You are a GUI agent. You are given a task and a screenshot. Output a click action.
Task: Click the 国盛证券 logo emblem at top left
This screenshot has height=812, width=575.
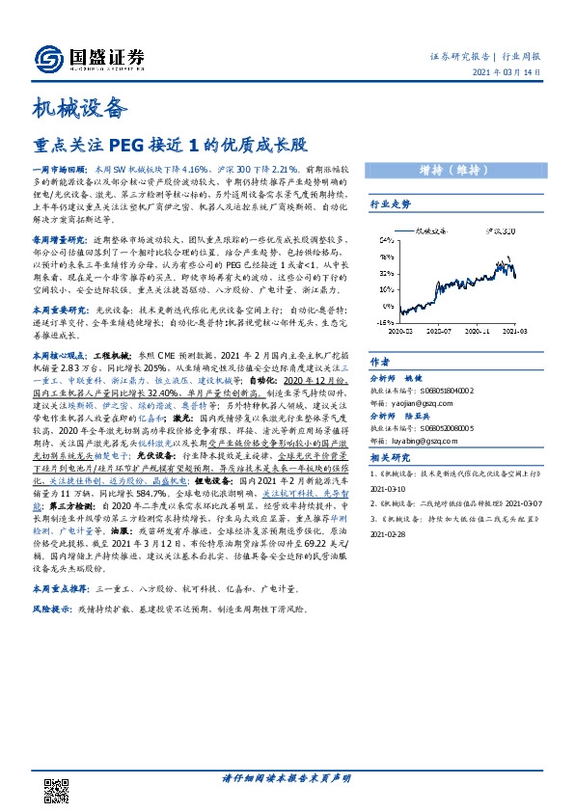click(x=48, y=58)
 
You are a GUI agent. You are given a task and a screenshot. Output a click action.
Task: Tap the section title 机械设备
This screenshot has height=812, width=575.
click(x=80, y=106)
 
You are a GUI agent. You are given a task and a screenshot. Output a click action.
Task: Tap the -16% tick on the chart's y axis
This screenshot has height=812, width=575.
click(x=383, y=323)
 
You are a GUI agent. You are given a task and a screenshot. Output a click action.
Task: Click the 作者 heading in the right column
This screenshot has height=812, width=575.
click(x=379, y=362)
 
